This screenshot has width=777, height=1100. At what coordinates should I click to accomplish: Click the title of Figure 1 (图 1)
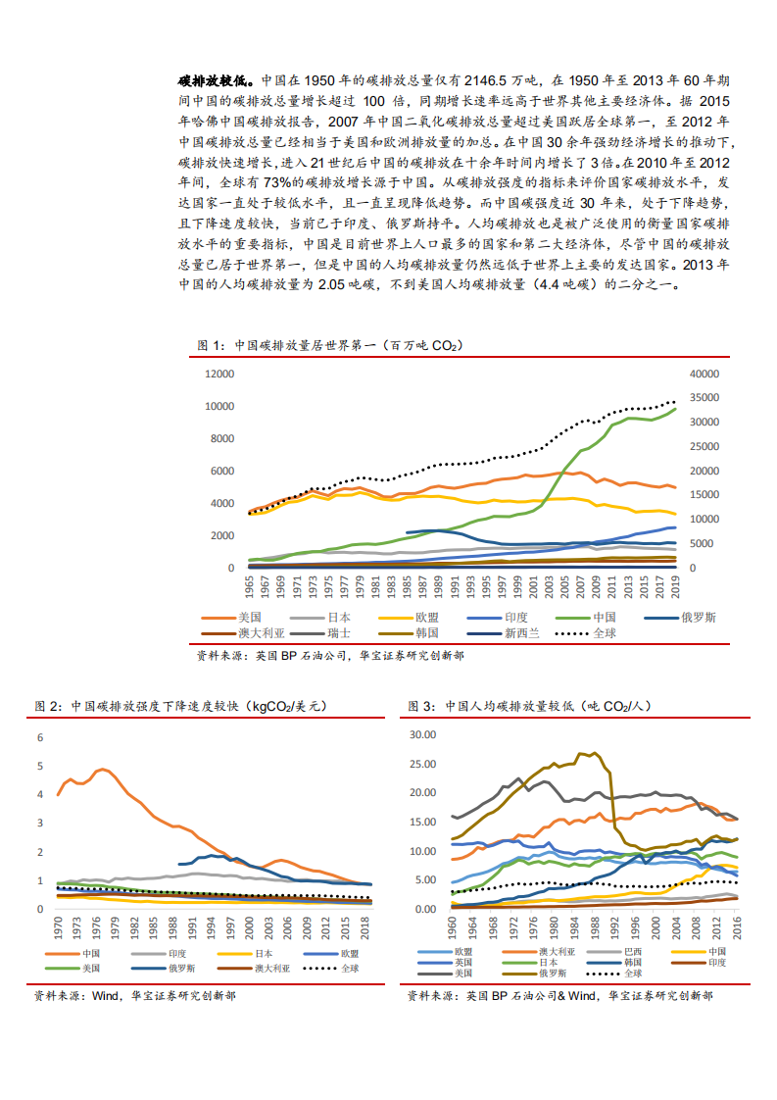pos(328,345)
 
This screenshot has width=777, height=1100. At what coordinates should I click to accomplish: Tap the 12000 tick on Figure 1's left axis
pos(219,374)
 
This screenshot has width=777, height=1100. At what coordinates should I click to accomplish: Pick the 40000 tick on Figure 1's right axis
pos(704,374)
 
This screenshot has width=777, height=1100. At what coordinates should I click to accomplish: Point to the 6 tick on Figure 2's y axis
pos(41,737)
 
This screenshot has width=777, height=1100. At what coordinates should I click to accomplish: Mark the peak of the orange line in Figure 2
pos(102,770)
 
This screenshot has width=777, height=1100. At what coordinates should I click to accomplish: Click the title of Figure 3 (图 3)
pos(530,705)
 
